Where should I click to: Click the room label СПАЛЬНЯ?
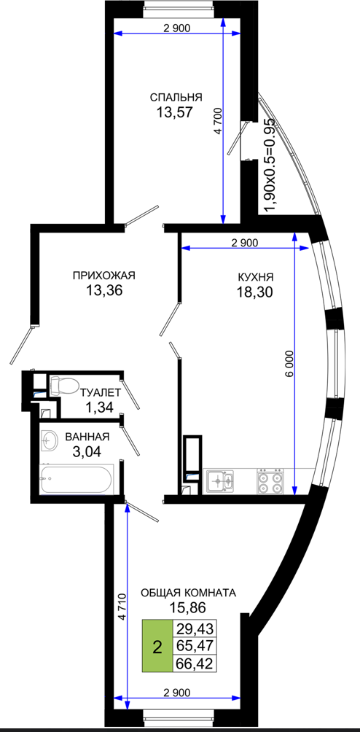[176, 98]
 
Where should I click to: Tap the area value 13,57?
[176, 112]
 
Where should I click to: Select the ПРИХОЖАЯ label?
[104, 276]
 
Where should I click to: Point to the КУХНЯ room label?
[255, 277]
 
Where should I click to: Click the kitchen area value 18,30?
[254, 292]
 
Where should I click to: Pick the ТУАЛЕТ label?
[101, 392]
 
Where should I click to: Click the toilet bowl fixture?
[64, 386]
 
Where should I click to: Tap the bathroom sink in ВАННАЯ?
[49, 440]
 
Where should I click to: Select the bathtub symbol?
[77, 478]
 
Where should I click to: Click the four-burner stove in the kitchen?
[270, 482]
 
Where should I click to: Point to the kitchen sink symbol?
[221, 481]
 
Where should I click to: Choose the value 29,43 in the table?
[195, 629]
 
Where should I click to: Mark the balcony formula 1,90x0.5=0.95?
[270, 166]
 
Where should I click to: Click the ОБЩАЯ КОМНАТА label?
[189, 593]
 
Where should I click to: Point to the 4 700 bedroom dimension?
[218, 121]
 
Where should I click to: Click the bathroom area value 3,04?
[87, 451]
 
